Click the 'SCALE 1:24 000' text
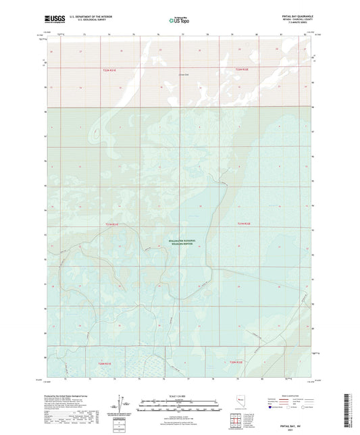point(179,394)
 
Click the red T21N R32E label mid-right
point(242,224)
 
